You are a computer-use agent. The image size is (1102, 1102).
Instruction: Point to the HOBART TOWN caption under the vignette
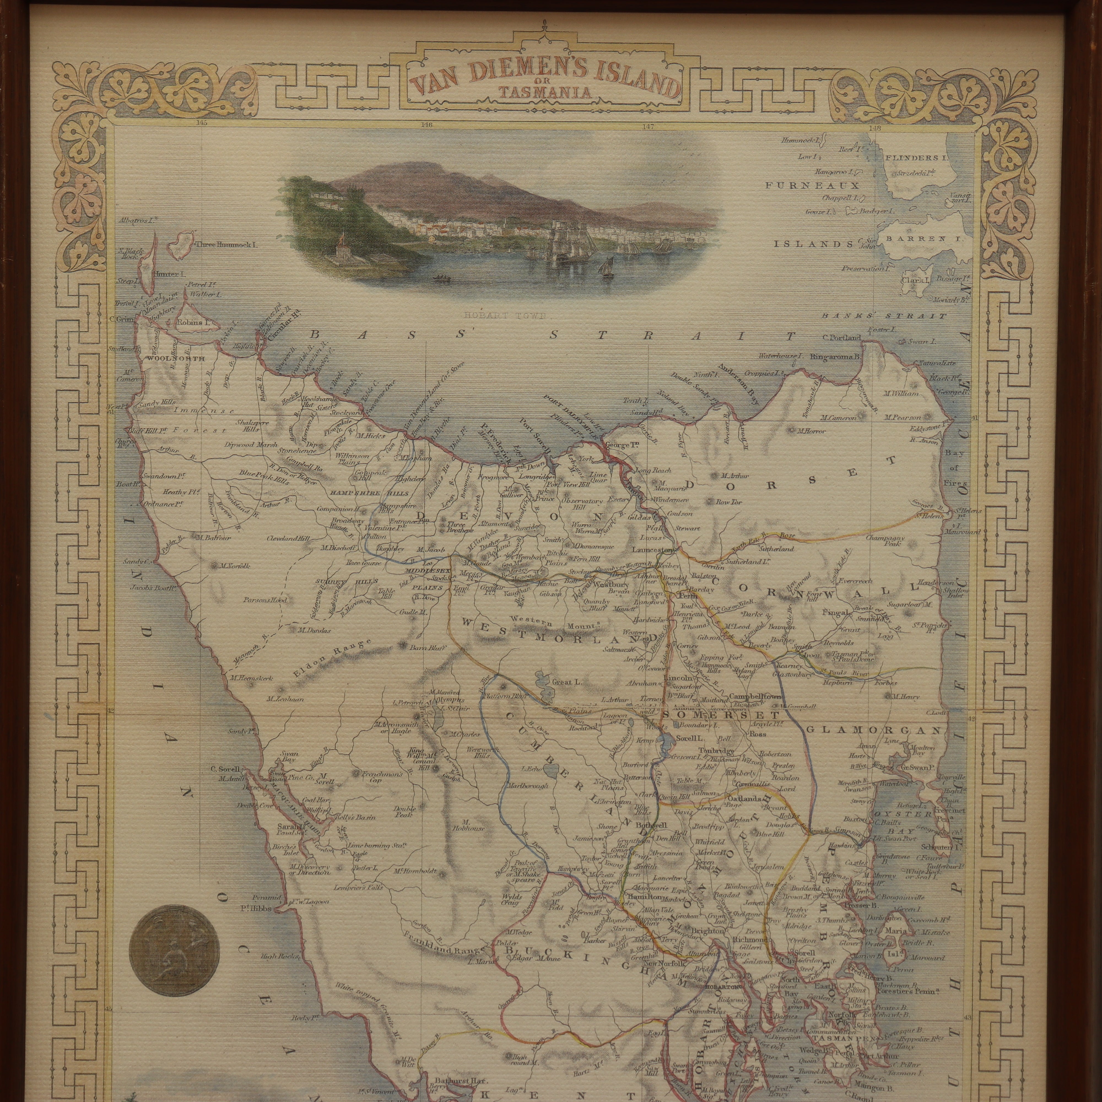pyautogui.click(x=505, y=315)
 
